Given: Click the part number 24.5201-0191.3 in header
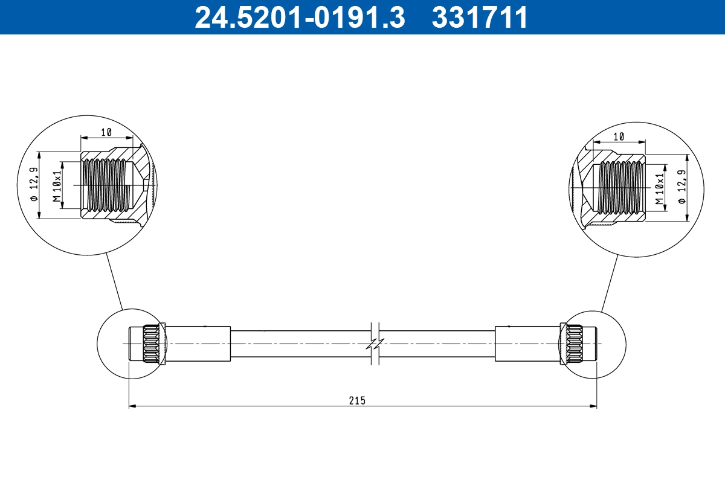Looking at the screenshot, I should tap(299, 18).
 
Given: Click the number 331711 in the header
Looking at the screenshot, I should tap(480, 18).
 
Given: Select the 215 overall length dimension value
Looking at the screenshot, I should tap(358, 400).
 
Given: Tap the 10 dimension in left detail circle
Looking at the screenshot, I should tap(107, 132).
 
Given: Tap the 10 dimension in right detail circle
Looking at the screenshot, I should tap(619, 136).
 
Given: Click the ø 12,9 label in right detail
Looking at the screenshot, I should tap(683, 187).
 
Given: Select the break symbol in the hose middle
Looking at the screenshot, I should tap(375, 344).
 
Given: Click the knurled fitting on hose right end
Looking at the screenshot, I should tap(572, 344).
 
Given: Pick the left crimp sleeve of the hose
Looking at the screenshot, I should tap(198, 344).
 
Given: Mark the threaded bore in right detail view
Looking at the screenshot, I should tap(620, 187).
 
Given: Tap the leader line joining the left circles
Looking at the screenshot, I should tap(114, 281).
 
